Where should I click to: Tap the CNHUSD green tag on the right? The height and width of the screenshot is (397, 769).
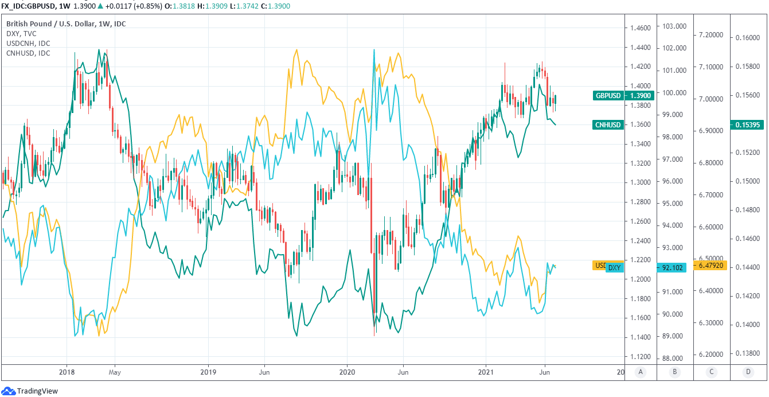609,124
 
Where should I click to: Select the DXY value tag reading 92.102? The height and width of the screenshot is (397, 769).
673,267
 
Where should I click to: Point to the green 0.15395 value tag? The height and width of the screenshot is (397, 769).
748,124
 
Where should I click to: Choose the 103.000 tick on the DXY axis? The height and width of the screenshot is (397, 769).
674,26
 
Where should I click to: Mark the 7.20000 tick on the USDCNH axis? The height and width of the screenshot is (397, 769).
711,35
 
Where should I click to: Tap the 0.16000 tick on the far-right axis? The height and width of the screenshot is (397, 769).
748,38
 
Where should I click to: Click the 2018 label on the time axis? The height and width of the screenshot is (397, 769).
67,372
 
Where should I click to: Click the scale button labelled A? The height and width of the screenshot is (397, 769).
641,372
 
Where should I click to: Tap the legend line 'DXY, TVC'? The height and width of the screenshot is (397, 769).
21,34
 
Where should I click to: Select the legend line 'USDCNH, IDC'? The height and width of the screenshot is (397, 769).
28,44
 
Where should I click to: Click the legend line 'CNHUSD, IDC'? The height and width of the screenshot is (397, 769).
28,53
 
